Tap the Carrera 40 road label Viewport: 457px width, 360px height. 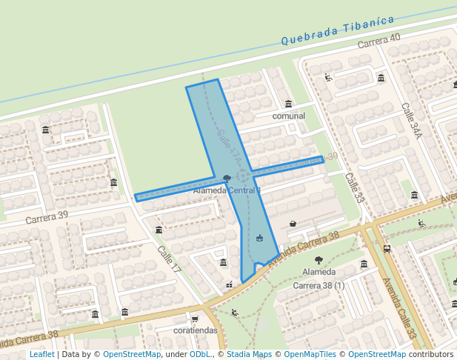[378, 41]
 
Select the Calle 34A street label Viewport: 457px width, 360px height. [412, 121]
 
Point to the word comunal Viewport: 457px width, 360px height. [289, 116]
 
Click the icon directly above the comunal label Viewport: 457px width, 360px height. [288, 104]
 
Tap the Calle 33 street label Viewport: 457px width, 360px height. [355, 188]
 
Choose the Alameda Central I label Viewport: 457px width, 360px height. [227, 190]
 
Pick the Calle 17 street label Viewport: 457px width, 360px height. [169, 261]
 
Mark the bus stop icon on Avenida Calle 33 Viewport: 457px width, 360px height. [387, 249]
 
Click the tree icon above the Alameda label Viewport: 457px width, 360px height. [318, 260]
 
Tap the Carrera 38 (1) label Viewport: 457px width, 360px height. [319, 285]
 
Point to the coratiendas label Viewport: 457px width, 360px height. [196, 330]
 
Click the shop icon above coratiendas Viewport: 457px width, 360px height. [195, 318]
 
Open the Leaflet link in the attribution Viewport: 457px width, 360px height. [41, 355]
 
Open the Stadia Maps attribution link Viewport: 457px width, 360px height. [249, 355]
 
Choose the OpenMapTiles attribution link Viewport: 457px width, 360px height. [311, 355]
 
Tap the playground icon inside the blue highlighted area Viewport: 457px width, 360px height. [259, 238]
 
